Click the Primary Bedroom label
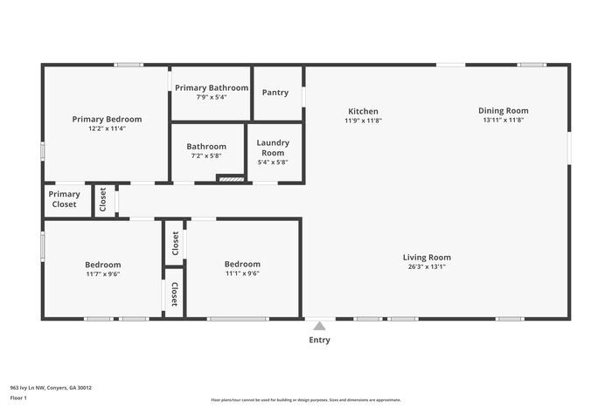(x=107, y=119)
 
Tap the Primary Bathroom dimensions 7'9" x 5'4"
(x=212, y=97)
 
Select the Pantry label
(x=275, y=93)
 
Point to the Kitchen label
(x=363, y=111)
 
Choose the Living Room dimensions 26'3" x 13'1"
(x=427, y=267)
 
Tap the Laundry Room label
(x=273, y=147)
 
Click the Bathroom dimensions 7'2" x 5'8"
(x=206, y=156)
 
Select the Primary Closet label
(x=64, y=199)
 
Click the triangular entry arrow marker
(x=319, y=326)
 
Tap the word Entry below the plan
(x=319, y=340)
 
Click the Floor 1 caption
(x=18, y=398)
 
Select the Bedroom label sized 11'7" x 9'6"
(x=103, y=264)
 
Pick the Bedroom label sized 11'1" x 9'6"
(x=242, y=264)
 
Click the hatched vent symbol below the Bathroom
(x=230, y=178)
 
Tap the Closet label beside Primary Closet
(x=102, y=200)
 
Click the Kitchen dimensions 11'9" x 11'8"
(x=363, y=121)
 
